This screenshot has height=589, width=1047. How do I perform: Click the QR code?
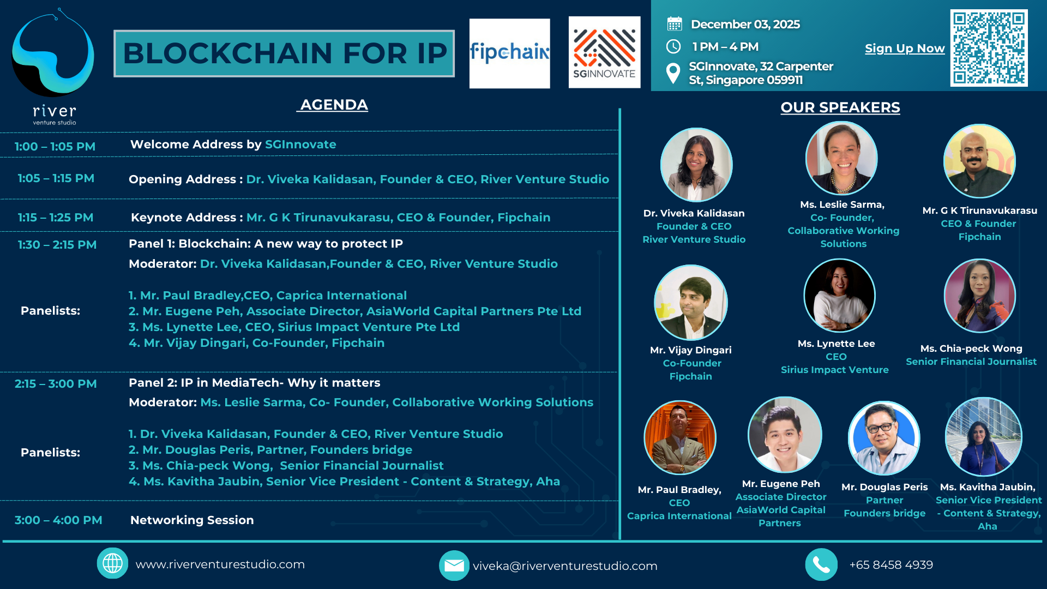point(989,48)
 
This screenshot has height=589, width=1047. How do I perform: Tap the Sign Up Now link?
point(905,49)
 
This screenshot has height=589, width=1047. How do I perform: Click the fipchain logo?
point(509,53)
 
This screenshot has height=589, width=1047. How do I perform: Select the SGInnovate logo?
point(604,52)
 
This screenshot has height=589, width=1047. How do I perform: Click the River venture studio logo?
point(53,67)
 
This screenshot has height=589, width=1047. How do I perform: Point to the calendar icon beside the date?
point(675,24)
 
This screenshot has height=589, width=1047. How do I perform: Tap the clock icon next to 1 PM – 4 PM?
point(674,47)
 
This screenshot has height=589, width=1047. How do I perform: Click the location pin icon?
point(673,73)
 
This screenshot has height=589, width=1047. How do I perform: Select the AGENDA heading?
point(334,105)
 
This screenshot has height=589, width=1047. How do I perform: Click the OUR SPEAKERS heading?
point(840,107)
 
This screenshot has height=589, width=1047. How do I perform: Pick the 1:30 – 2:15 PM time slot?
point(57,245)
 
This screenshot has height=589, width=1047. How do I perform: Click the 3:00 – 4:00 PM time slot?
point(58,520)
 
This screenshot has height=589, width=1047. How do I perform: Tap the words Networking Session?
point(192,520)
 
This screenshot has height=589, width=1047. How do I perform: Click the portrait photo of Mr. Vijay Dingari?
point(691,303)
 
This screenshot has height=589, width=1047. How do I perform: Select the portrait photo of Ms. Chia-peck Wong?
point(980,296)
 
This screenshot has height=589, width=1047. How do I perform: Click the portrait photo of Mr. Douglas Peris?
point(884,438)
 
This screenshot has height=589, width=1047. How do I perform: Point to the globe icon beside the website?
point(113,563)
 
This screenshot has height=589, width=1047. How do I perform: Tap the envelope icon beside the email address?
point(454,566)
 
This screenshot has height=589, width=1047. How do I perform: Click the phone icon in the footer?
point(821,564)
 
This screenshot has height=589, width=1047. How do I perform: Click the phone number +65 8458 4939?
point(891,565)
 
